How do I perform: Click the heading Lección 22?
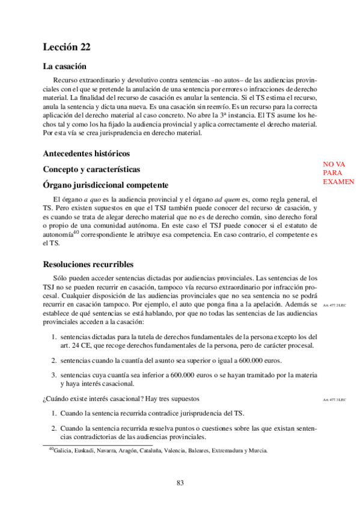[x=67, y=47]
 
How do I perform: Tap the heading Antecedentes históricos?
[x=87, y=153]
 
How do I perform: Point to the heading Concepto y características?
[x=91, y=169]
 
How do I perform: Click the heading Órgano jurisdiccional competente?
[x=105, y=185]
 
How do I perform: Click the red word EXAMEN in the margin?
[x=338, y=182]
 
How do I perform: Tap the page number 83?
[x=180, y=482]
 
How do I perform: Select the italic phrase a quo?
[x=91, y=199]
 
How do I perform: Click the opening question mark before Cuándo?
[x=44, y=399]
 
